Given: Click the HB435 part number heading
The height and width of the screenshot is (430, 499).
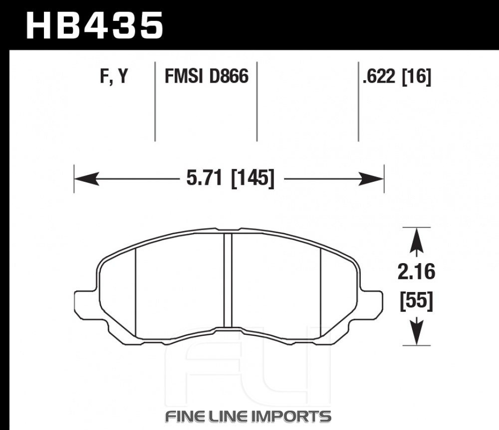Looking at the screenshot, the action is pyautogui.click(x=95, y=25).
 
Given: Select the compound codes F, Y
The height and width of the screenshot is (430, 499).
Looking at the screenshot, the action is pyautogui.click(x=114, y=77).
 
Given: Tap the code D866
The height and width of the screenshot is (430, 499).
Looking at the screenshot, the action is pyautogui.click(x=229, y=76).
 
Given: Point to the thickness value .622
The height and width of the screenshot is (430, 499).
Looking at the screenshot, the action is pyautogui.click(x=379, y=76).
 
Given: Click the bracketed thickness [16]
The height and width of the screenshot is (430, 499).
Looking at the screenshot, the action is pyautogui.click(x=417, y=77).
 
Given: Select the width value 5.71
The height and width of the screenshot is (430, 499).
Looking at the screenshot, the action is pyautogui.click(x=204, y=178).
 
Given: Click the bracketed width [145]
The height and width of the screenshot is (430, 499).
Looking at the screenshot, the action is pyautogui.click(x=252, y=178).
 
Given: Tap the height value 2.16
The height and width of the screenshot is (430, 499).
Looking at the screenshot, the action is pyautogui.click(x=416, y=272).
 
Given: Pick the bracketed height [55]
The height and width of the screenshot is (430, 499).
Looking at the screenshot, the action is pyautogui.click(x=417, y=300).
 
